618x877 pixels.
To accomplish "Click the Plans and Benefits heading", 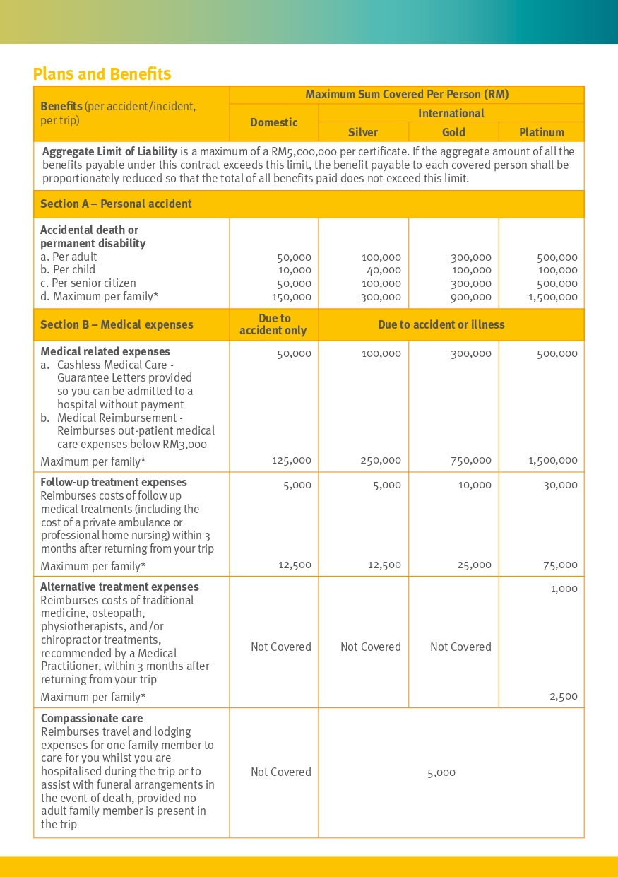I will [x=102, y=74].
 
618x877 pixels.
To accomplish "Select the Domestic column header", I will [x=274, y=122].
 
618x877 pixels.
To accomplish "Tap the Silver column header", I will [x=363, y=132].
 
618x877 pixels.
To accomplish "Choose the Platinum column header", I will [x=542, y=132].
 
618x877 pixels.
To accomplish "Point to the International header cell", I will [x=451, y=113].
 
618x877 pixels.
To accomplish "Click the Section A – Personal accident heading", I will [x=116, y=204].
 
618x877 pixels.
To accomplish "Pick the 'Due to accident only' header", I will [x=273, y=324].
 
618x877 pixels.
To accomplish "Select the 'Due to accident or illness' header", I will [x=441, y=324].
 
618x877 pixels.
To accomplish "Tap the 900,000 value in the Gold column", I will [x=473, y=297].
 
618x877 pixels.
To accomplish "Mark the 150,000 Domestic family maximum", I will [x=292, y=297].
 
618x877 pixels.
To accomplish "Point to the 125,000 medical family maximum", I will [x=292, y=460].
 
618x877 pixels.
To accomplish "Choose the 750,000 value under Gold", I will [x=473, y=460].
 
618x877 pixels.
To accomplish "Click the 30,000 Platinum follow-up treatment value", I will [x=560, y=485].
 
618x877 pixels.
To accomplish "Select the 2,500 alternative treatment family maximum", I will [x=564, y=696].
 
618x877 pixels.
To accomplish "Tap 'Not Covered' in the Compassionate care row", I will [x=281, y=772].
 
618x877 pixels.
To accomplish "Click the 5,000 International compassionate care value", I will [x=441, y=772].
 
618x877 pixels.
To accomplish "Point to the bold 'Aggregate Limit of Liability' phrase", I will [x=109, y=151].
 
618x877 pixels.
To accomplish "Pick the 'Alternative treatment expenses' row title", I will [x=119, y=587].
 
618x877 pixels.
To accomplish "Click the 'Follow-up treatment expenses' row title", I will [x=114, y=482].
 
